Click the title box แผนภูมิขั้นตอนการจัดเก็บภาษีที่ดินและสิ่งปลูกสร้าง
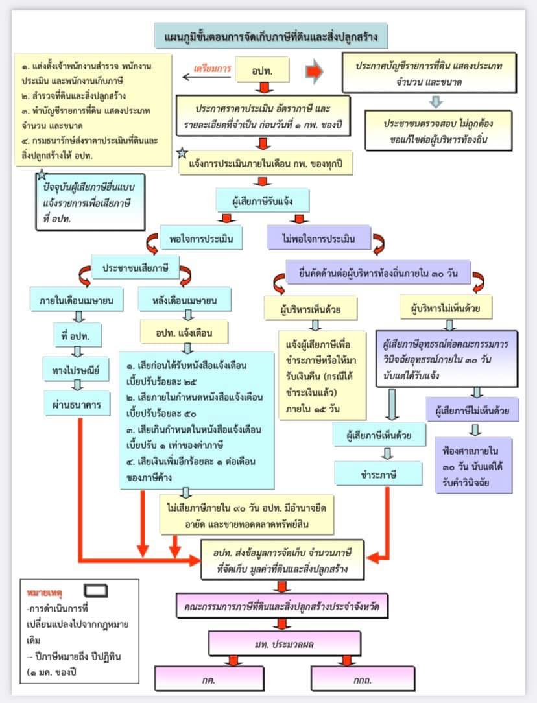(x=270, y=35)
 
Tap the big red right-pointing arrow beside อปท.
(x=314, y=71)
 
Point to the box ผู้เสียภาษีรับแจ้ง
(x=263, y=201)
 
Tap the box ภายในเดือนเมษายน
(x=77, y=300)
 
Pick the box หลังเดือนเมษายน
(x=186, y=300)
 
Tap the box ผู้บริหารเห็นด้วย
(x=311, y=308)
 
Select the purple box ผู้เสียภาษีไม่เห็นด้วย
(x=472, y=410)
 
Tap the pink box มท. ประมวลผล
(x=281, y=644)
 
